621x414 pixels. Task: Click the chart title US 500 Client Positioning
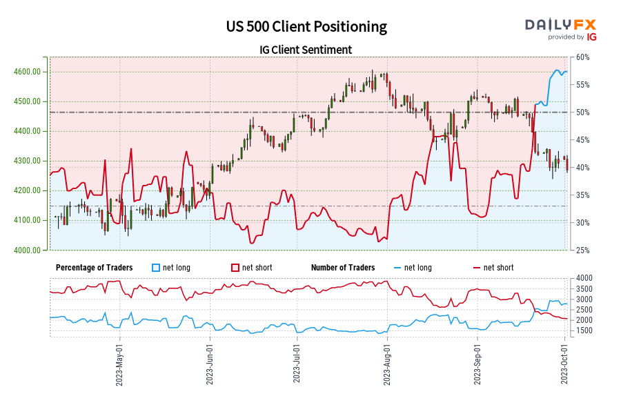(x=306, y=27)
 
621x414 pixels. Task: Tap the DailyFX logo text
(x=560, y=25)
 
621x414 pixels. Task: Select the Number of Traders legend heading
(x=343, y=268)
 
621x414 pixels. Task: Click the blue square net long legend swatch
(x=156, y=268)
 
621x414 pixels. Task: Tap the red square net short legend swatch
(x=235, y=268)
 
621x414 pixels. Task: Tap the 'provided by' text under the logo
(x=566, y=37)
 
